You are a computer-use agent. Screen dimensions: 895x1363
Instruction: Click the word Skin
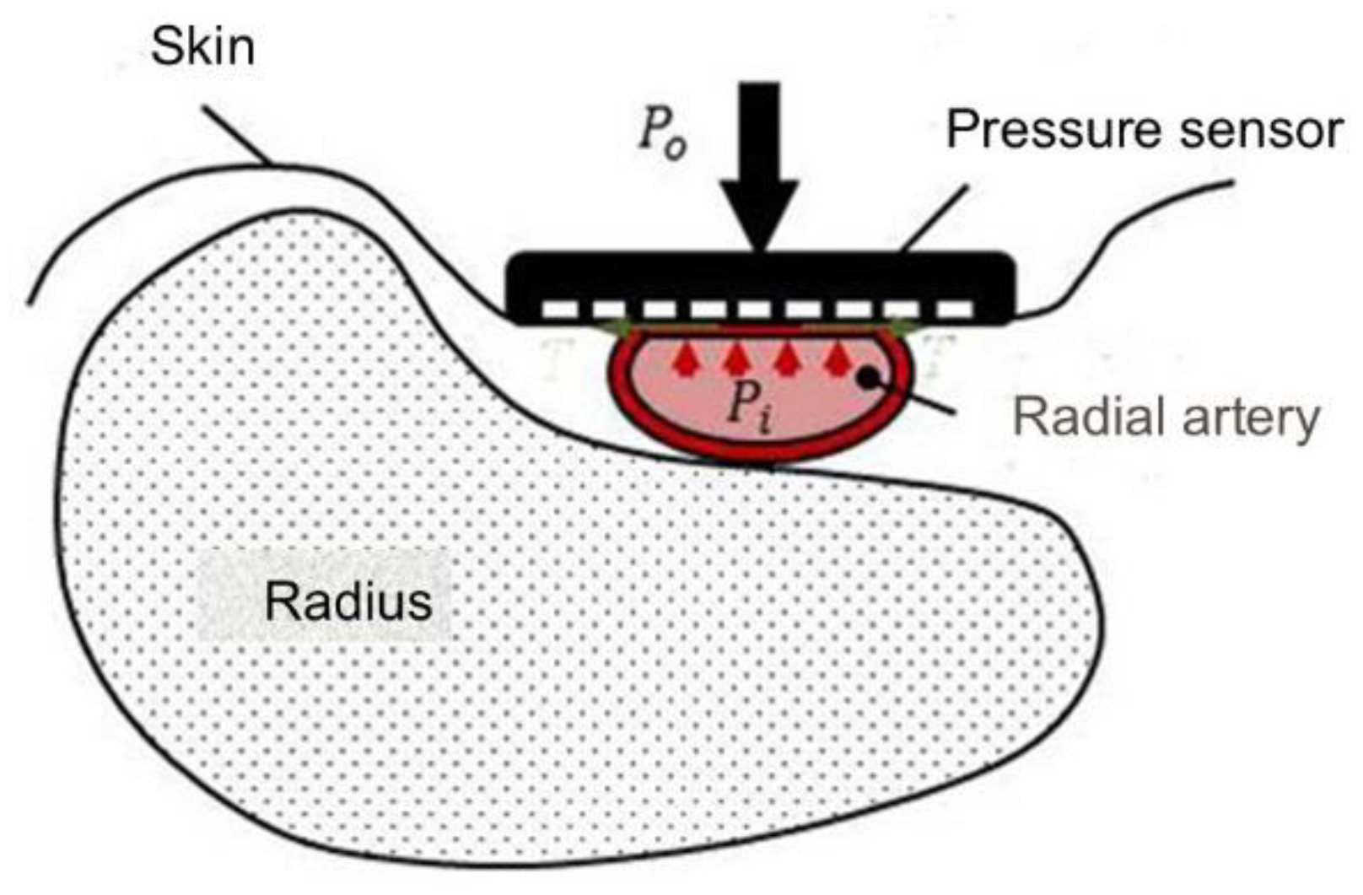coord(202,46)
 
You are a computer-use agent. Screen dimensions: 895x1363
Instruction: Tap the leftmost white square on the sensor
coord(558,310)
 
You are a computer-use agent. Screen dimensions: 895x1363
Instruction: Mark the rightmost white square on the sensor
coord(955,310)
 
